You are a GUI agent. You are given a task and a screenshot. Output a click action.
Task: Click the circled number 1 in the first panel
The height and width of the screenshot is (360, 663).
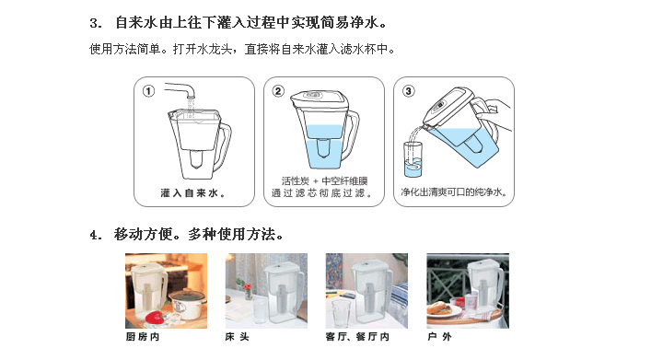coord(148,91)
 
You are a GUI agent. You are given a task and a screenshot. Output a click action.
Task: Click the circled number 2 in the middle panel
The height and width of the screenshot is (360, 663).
coord(278,91)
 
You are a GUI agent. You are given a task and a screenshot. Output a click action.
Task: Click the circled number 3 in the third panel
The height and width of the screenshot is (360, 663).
coord(408,91)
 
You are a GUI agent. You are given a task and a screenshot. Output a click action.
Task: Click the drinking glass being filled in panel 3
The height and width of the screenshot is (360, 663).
coord(413,159)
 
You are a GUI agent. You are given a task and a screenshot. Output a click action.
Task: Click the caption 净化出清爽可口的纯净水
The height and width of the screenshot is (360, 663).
coord(454,192)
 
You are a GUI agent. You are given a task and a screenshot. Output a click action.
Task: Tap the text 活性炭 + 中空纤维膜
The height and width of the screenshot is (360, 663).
coord(324,180)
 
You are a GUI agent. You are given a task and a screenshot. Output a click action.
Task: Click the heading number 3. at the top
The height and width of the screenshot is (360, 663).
coord(96,23)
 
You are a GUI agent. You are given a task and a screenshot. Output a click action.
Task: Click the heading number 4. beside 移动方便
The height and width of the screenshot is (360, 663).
coord(96,235)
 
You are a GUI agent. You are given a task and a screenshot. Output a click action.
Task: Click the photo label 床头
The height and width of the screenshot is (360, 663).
coord(238,337)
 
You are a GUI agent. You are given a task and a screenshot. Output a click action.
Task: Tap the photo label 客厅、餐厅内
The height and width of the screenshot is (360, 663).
coord(357,337)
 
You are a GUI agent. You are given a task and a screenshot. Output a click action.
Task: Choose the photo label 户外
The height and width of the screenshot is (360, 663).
coord(440,337)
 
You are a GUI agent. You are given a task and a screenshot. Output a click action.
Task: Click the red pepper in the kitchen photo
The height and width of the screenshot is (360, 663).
coord(155,317)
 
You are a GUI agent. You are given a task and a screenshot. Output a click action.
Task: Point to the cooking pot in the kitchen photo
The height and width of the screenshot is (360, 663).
coord(188,304)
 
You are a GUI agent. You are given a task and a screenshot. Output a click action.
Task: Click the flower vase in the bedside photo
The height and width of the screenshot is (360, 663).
coord(248,290)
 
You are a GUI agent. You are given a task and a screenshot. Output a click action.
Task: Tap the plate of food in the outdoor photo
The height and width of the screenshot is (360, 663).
coord(443,309)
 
